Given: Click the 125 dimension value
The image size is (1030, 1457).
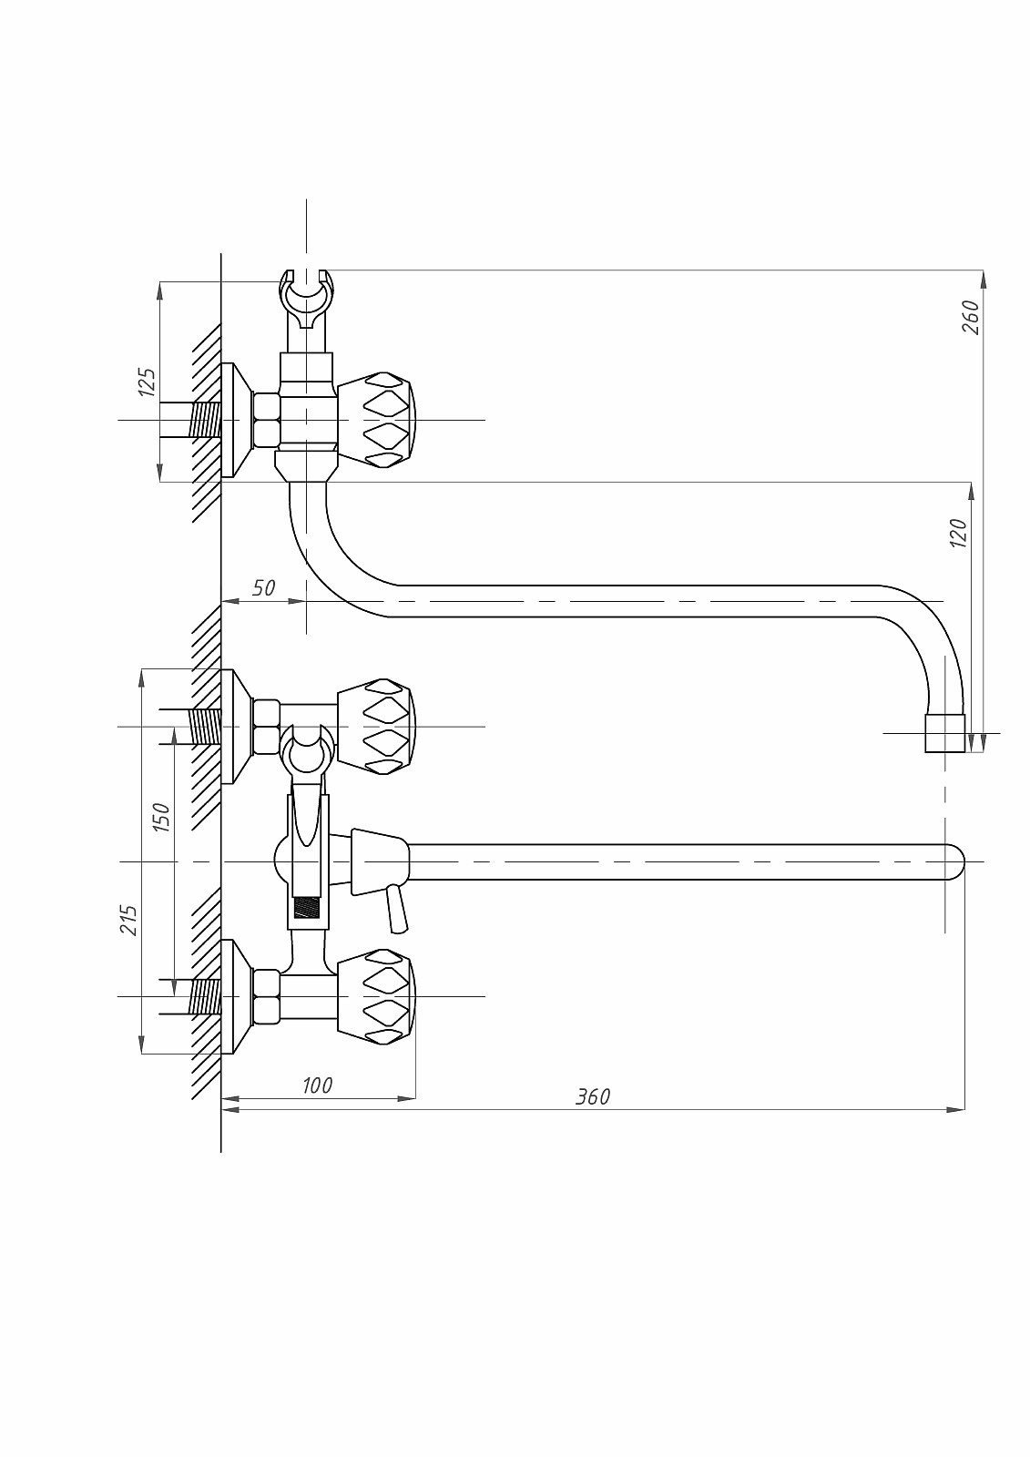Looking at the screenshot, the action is [x=147, y=382].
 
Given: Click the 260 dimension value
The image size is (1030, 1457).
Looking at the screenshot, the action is [x=971, y=317].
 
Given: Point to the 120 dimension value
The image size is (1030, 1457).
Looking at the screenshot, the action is [x=958, y=533].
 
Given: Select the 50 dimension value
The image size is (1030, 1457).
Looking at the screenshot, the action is [x=263, y=588].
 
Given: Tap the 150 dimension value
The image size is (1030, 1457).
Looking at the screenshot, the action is [x=161, y=817].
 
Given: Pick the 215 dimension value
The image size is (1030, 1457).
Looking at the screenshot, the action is [x=128, y=920].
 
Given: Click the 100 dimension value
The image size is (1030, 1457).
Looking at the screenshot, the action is [x=317, y=1085].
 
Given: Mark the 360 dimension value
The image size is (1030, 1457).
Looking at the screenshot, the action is [x=593, y=1097].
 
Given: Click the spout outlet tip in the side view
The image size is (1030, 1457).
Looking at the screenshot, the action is [x=945, y=733].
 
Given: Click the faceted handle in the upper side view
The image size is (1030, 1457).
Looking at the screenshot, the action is [x=376, y=420].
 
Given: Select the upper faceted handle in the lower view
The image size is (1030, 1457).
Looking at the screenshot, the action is [x=376, y=727].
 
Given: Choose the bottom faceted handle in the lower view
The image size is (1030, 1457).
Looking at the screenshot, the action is [x=376, y=996].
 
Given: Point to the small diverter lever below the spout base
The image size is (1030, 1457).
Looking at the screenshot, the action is [x=397, y=908].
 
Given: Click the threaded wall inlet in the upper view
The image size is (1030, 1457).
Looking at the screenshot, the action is [x=205, y=420].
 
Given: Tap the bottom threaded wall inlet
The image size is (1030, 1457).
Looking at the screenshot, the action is [x=205, y=997].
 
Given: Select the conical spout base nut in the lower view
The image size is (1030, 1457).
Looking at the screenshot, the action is [x=380, y=861].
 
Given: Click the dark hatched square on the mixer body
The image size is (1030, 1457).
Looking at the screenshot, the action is [x=308, y=909].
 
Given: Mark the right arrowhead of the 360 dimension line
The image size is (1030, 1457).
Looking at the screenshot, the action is [x=956, y=1109].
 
